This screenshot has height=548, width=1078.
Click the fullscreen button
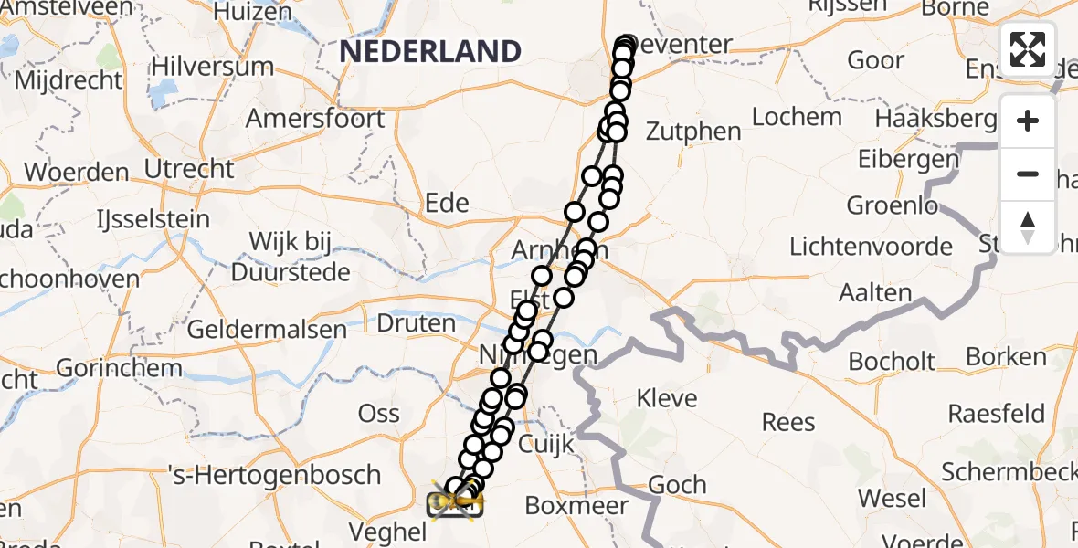(1028, 48)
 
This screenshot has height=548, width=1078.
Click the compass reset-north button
(1028, 227)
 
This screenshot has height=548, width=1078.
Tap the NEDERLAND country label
(430, 51)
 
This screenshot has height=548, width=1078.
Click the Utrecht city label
(189, 169)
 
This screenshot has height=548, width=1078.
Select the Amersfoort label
(315, 119)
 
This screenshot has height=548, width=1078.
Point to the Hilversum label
(212, 67)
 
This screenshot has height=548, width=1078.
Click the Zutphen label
(693, 132)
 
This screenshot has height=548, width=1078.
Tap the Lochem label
(797, 117)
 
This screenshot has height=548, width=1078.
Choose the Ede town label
(447, 203)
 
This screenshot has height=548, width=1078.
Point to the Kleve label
(667, 398)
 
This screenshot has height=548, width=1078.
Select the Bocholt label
(892, 362)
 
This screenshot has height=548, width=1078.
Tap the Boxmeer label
(577, 506)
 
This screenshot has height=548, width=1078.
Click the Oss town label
(378, 414)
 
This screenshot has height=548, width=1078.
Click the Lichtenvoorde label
(871, 247)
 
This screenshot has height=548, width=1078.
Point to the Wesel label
(893, 500)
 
